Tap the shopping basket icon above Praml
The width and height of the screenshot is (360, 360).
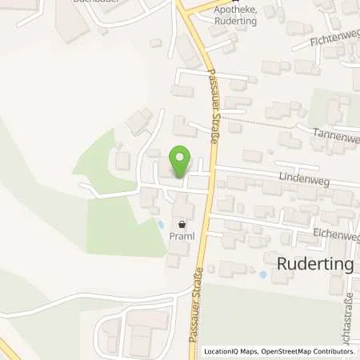(x=182, y=226)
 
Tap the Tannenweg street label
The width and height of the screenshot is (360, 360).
(x=339, y=135)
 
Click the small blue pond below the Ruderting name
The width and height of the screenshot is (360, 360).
(x=264, y=275)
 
